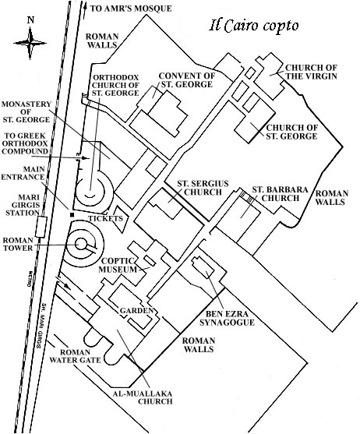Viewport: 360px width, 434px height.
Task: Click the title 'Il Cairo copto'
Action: point(254,26)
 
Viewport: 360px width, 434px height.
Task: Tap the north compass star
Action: point(30,43)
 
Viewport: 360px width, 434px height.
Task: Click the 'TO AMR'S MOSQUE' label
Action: point(131,9)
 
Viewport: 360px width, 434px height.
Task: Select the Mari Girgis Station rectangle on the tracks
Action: point(41,227)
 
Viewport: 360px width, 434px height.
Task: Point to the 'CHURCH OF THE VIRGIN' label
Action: point(312,72)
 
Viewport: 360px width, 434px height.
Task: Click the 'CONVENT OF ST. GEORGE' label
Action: point(187,79)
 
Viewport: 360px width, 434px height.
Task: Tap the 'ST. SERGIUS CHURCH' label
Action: point(203,188)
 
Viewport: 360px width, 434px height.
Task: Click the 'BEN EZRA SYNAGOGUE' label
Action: point(227,318)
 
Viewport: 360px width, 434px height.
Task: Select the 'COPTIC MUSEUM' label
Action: point(118,265)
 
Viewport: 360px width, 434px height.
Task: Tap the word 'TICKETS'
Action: point(105,218)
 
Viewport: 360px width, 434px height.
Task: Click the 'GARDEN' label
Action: point(136,311)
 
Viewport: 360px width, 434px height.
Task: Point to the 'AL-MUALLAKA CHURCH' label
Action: point(143,397)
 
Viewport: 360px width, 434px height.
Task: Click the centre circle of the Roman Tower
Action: point(81,245)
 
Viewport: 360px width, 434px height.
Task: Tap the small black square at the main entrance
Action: point(72,215)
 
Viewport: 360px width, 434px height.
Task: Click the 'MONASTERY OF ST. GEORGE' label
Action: point(26,112)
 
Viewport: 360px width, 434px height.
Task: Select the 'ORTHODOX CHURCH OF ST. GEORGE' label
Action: point(115,85)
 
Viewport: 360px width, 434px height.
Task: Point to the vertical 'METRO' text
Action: point(29,279)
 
